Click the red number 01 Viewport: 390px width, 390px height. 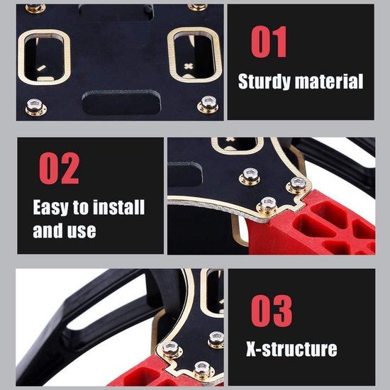tap(269, 42)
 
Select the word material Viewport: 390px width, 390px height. tap(329, 81)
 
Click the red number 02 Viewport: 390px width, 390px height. tap(59, 168)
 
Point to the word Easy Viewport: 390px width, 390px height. tap(51, 208)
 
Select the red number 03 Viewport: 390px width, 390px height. tap(272, 311)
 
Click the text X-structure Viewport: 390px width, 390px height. tap(291, 349)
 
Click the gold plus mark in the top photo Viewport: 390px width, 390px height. tap(189, 67)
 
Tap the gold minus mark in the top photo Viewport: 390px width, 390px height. tap(42, 68)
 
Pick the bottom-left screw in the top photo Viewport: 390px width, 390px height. tap(35, 107)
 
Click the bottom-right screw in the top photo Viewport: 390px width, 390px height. tap(208, 104)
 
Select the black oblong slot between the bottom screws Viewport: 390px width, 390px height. tap(121, 102)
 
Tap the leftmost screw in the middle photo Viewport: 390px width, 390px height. tap(250, 177)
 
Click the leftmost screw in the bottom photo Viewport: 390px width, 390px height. tap(170, 350)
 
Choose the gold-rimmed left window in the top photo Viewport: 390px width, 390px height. tap(44, 57)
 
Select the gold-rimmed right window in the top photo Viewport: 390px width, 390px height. tap(194, 55)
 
